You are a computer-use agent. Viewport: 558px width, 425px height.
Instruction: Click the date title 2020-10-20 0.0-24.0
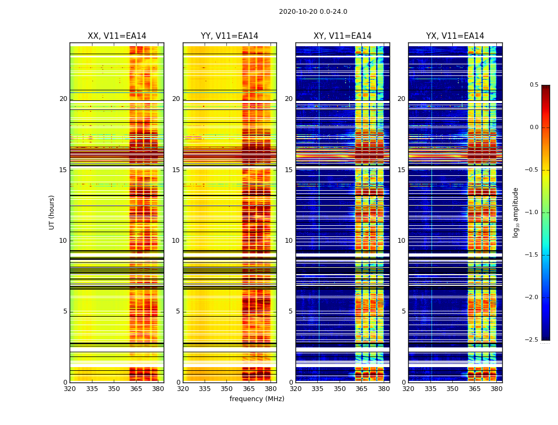click(x=313, y=12)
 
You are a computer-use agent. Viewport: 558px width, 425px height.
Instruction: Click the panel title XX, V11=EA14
click(x=117, y=36)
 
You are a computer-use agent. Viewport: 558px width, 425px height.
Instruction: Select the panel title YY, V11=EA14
click(x=230, y=36)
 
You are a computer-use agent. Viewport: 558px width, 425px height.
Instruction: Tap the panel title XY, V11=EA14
click(x=342, y=36)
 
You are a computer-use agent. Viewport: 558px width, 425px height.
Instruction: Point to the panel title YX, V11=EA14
click(x=455, y=36)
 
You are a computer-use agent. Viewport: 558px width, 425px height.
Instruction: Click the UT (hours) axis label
click(x=52, y=212)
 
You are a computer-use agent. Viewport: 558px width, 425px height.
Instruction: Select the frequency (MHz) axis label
click(x=257, y=399)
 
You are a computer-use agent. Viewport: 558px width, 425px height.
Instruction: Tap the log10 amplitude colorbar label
click(x=515, y=212)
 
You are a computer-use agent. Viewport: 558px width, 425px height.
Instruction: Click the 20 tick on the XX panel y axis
click(x=64, y=99)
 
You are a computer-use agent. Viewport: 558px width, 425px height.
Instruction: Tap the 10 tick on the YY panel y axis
click(x=176, y=241)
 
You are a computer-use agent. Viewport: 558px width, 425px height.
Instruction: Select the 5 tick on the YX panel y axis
click(x=404, y=311)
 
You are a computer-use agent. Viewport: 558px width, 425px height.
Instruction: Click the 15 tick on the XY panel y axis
click(x=289, y=170)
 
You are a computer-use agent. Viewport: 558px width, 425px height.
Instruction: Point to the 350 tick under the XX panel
click(x=114, y=389)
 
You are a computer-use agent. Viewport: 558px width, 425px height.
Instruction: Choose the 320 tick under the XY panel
click(x=296, y=389)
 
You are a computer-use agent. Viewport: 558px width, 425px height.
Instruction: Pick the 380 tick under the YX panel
click(x=496, y=389)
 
